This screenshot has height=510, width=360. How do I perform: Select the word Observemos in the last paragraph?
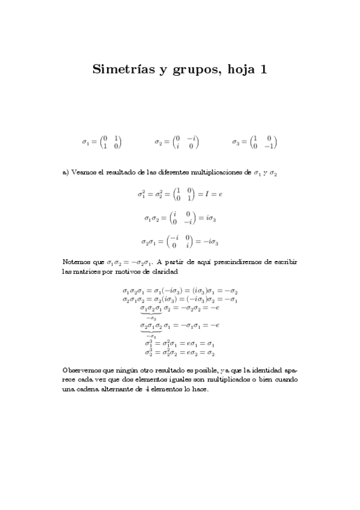click(84, 369)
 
